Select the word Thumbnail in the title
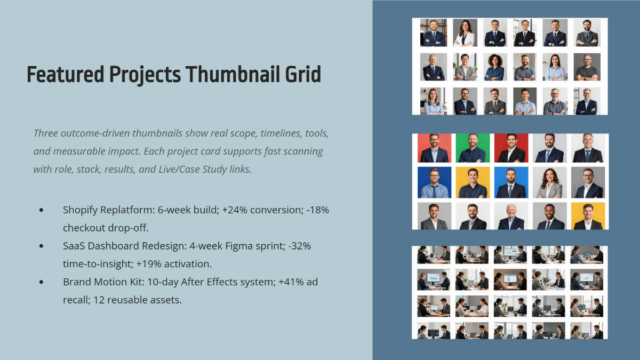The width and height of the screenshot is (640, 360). click(229, 75)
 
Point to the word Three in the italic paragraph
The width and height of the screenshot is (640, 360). click(46, 133)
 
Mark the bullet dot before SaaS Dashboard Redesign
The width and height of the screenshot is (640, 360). click(42, 246)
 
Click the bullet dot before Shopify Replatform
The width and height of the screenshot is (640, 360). click(42, 210)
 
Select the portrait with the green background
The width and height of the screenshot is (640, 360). click(473, 148)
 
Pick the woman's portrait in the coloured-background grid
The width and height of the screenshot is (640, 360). click(549, 182)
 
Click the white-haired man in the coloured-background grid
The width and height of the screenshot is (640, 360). click(511, 216)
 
